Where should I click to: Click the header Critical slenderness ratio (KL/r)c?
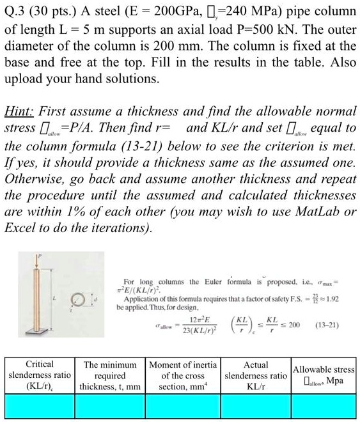(39, 375)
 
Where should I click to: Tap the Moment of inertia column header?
(183, 375)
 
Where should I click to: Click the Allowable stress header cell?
(325, 375)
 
